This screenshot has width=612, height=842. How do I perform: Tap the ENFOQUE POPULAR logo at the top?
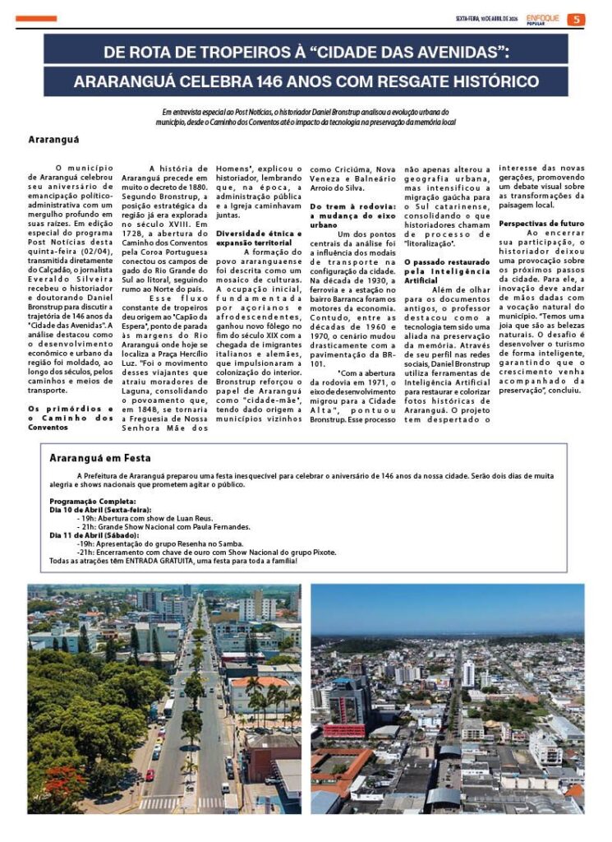click(x=543, y=18)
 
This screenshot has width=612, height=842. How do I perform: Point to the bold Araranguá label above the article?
click(x=53, y=139)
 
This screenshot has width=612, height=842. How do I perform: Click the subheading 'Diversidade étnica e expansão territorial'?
click(x=259, y=238)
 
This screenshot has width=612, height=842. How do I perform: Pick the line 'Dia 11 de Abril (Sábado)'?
click(x=94, y=535)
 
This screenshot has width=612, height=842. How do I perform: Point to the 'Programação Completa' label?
click(x=93, y=502)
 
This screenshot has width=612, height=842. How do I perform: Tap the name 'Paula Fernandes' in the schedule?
click(x=216, y=527)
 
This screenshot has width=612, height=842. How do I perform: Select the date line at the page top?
click(x=486, y=19)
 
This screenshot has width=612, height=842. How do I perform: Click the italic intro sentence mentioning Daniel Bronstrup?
click(x=306, y=116)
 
